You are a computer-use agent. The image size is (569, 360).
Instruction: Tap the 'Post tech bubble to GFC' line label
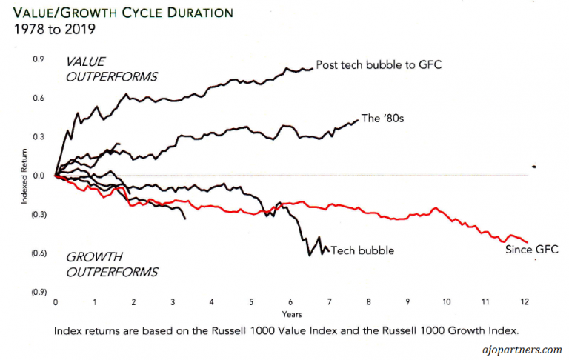pyautogui.click(x=378, y=65)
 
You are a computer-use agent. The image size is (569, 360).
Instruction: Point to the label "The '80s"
pyautogui.click(x=381, y=118)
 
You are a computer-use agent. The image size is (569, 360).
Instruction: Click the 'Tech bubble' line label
pyautogui.click(x=362, y=250)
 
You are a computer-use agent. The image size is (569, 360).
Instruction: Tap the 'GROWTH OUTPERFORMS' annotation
pyautogui.click(x=112, y=264)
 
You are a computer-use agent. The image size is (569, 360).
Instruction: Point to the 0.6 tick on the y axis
pyautogui.click(x=38, y=99)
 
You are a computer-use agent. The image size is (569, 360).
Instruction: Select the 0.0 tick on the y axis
pyautogui.click(x=38, y=176)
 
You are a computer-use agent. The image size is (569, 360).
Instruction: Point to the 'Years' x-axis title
pyautogui.click(x=290, y=313)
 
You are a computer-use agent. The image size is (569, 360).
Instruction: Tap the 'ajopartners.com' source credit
pyautogui.click(x=522, y=349)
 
